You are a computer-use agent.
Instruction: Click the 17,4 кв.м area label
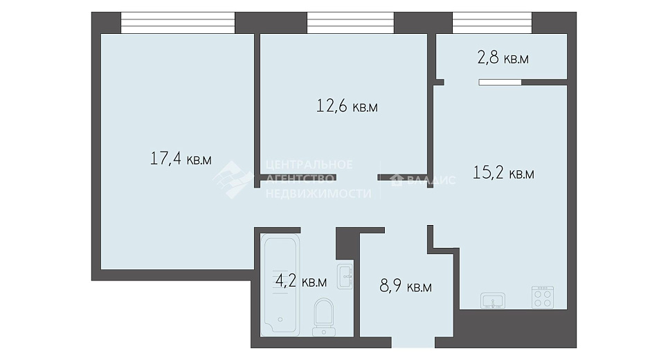point(181,159)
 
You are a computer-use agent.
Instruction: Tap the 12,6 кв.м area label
point(347,106)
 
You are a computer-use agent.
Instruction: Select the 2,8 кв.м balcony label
point(503,57)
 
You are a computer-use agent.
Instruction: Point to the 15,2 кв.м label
point(503,173)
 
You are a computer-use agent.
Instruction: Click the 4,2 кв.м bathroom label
point(301,281)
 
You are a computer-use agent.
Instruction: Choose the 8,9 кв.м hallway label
point(406,287)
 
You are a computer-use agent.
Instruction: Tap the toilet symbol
point(323,317)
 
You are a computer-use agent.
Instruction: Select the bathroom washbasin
point(345,277)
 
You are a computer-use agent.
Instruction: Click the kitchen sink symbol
point(493,300)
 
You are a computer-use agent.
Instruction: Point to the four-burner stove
point(543,297)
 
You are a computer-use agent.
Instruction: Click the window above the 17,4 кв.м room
point(178,23)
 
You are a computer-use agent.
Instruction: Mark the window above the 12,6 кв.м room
point(351,23)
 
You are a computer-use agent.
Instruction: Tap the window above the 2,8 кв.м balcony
point(492,23)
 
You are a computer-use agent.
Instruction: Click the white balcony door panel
point(500,82)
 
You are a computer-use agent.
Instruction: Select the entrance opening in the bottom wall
point(413,343)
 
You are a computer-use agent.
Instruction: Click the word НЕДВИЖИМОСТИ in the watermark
point(318,193)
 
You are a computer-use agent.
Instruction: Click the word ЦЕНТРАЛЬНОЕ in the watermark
point(309,165)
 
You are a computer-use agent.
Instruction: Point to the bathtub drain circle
point(280,320)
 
